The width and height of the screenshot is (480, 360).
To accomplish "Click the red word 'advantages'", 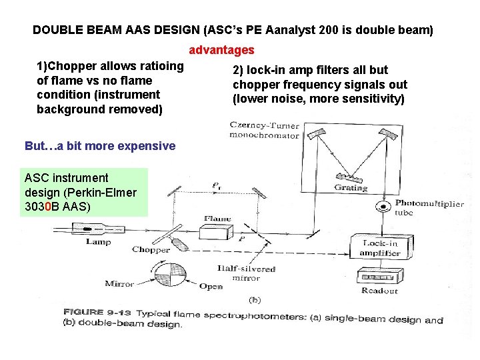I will tap(222, 50).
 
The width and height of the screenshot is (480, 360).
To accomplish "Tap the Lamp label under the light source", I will tap(98, 242).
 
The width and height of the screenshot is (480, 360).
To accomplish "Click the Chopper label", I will tap(151, 250).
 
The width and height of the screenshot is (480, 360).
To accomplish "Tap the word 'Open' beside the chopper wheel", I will tap(211, 287).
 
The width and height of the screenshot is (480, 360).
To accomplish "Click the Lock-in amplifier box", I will tap(380, 248).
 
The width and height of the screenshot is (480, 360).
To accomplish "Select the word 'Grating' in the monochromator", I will tap(351, 188).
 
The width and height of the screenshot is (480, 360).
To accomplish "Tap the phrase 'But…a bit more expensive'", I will tap(100, 146).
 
